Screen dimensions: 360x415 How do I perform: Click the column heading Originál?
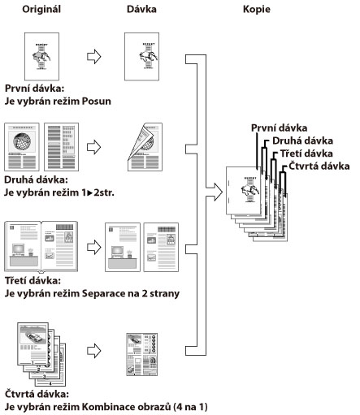pos(41,9)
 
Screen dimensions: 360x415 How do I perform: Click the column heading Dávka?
pos(141,9)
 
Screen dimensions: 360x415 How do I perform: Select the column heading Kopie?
pos(257,10)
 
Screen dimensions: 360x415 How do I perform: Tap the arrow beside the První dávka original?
pos(94,57)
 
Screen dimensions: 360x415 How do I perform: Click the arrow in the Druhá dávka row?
pos(94,147)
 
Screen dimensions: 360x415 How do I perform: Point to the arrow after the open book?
pos(94,247)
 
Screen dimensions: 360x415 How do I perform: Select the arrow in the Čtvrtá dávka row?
pos(94,351)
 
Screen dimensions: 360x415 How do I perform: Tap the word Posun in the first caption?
pos(97,102)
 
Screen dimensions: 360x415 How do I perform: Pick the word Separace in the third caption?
pos(102,294)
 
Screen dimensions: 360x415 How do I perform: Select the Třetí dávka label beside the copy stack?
pos(306,153)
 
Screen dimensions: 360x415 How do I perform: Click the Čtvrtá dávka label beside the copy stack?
pos(319,166)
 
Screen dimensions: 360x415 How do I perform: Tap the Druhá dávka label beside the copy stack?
pos(302,140)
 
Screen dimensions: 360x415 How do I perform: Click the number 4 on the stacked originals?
pos(50,383)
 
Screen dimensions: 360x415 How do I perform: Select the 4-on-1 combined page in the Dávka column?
pos(141,354)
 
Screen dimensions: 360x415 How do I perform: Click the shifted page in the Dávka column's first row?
pos(141,57)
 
